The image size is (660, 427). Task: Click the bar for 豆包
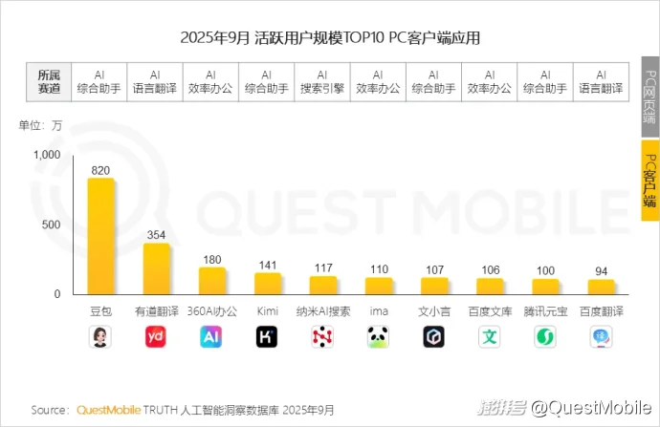point(100,236)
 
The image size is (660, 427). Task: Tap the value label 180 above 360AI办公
point(211,259)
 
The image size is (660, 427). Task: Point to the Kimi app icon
point(267,336)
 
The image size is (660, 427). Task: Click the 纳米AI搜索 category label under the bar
point(322,311)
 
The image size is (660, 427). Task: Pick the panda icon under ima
point(378,336)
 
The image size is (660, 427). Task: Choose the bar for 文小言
point(433,286)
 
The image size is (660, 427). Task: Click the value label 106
point(489,270)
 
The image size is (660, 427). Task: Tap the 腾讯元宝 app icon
point(544,336)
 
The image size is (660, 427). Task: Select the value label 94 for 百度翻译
point(600,271)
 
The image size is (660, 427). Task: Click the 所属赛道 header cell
point(48,81)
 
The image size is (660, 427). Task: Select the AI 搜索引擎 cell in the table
point(322,81)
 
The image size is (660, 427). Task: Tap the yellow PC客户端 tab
point(649,181)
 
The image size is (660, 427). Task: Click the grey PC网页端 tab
point(649,98)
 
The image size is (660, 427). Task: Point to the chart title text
point(330,38)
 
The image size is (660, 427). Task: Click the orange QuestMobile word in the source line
point(109,410)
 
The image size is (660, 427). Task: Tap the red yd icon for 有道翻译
point(156,336)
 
